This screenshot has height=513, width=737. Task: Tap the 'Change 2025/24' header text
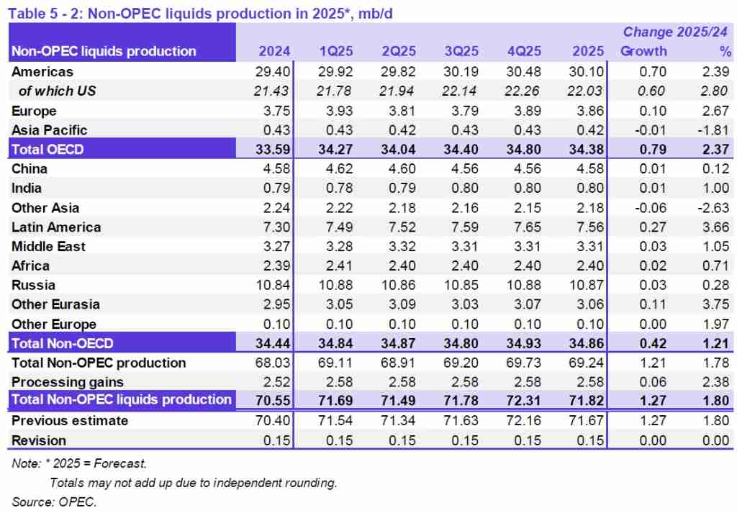(675, 32)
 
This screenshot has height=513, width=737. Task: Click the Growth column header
(643, 51)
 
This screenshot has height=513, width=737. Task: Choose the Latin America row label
(56, 227)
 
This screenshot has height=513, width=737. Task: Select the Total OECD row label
(47, 150)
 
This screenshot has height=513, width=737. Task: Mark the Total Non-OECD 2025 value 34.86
(585, 344)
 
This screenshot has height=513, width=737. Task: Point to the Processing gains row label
(68, 383)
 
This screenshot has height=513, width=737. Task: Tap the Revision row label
(39, 440)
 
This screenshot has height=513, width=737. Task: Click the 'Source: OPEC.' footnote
(54, 501)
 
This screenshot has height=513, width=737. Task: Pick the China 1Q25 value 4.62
(338, 169)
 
